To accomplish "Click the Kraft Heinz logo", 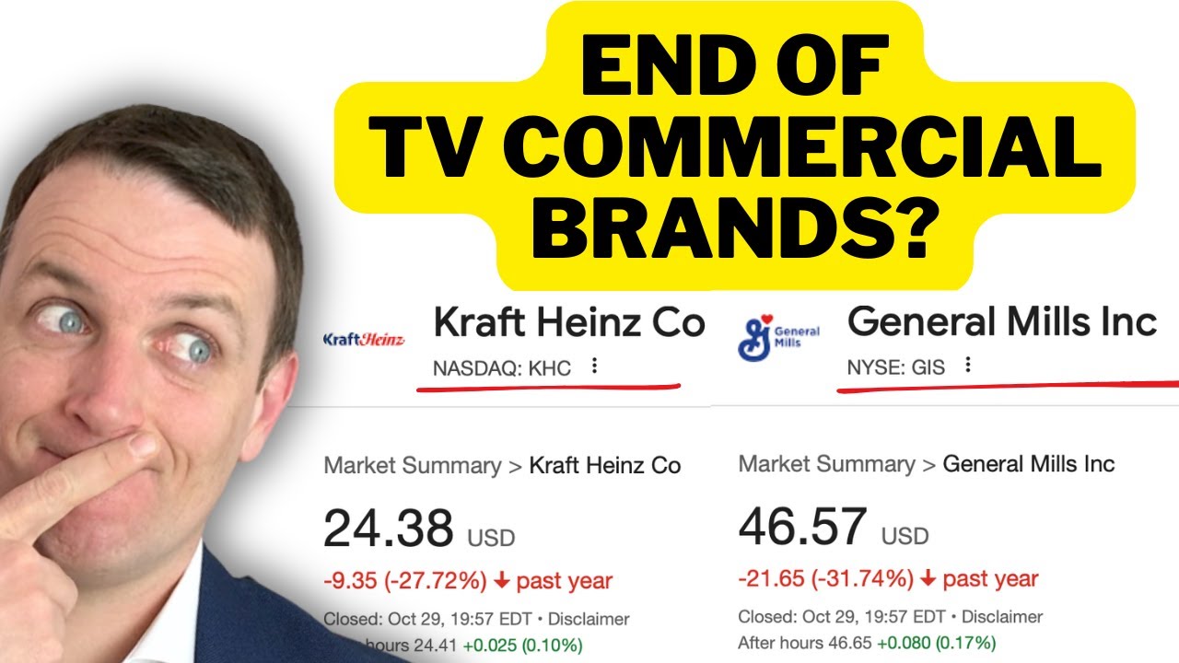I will coord(364,340).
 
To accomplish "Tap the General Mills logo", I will coord(778,336).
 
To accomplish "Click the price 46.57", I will coord(802,527).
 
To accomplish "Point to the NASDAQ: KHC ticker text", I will coord(502,368).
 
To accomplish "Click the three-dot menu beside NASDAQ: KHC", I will coord(594,366).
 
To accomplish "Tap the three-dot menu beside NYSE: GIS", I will coord(967,366).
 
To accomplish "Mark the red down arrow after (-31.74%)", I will coord(928,579).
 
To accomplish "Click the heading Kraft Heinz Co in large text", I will coord(568,322).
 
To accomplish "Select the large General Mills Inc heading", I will coord(1001,321).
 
